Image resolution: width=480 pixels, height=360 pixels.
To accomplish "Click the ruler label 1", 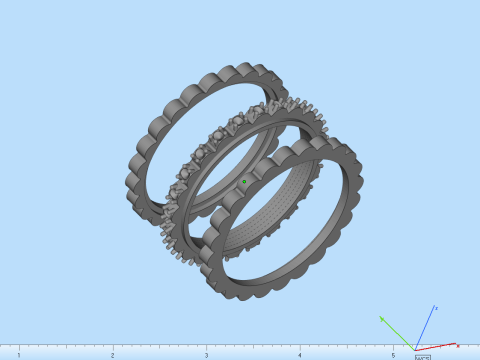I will (x=19, y=355).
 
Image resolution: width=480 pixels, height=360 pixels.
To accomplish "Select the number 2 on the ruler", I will (x=112, y=355).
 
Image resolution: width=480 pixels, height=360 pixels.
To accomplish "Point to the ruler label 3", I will (x=206, y=355).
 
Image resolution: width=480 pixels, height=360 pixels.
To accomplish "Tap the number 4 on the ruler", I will (x=299, y=355).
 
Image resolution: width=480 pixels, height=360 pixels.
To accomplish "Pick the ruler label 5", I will (x=393, y=355).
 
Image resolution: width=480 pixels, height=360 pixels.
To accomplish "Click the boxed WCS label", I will (x=422, y=356).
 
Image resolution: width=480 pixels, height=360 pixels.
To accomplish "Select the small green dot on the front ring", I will (x=244, y=182).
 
